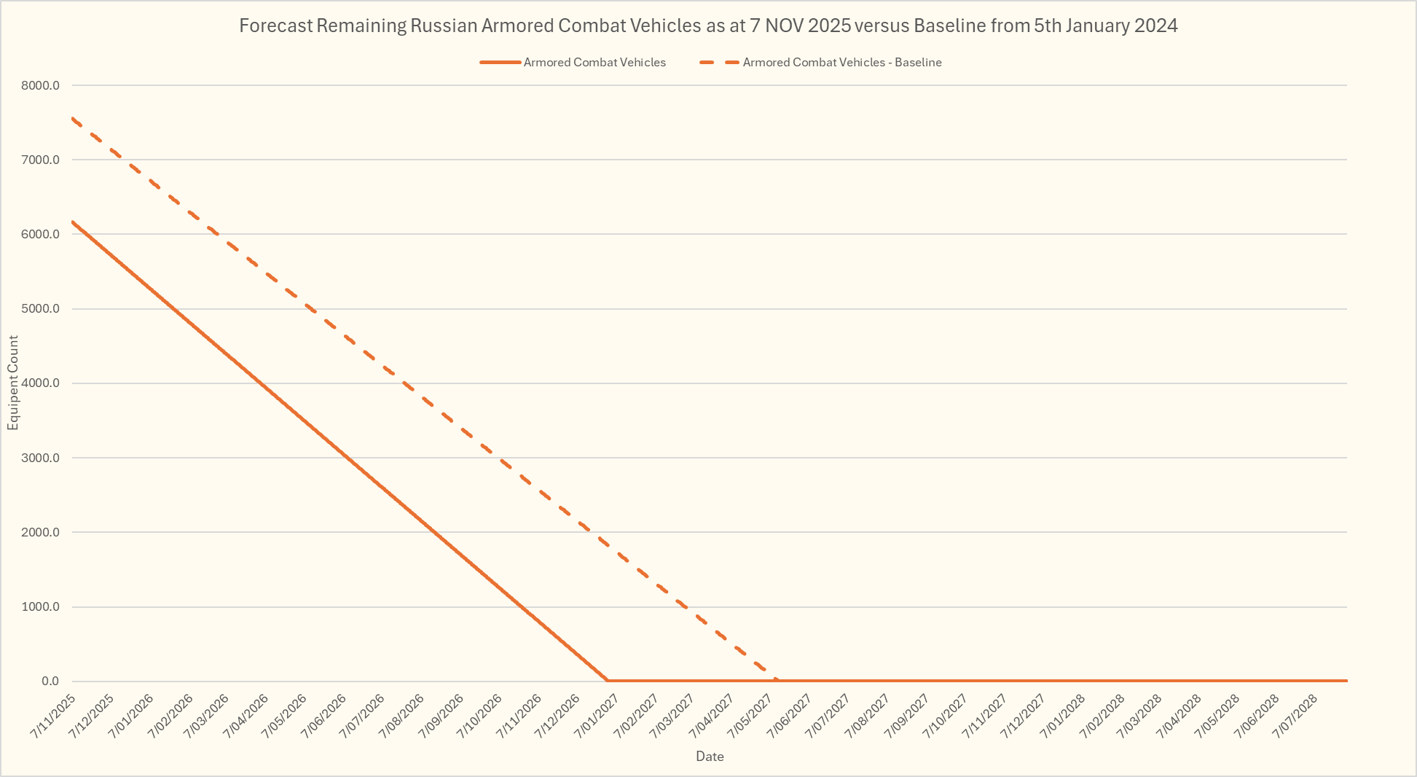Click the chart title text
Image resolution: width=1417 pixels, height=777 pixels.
point(708,26)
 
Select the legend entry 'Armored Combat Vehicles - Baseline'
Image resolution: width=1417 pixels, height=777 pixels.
point(841,63)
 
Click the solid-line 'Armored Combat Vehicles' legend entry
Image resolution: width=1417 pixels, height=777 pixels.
point(594,63)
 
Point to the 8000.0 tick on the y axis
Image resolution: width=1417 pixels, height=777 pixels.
point(40,85)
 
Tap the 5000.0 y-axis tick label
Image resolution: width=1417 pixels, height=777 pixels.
point(40,309)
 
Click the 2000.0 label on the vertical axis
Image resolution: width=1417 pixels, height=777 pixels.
point(40,532)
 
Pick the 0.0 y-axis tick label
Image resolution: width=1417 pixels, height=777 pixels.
point(50,682)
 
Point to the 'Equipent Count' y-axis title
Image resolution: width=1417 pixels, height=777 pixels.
point(13,383)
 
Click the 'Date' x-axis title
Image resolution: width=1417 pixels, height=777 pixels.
point(710,757)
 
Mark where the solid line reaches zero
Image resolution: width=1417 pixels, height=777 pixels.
point(607,680)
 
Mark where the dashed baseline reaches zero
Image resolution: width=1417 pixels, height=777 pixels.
point(776,680)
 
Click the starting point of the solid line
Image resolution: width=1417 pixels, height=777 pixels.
point(73,222)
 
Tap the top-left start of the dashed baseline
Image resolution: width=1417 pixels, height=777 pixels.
point(73,118)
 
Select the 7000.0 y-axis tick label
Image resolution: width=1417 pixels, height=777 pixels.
point(40,160)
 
